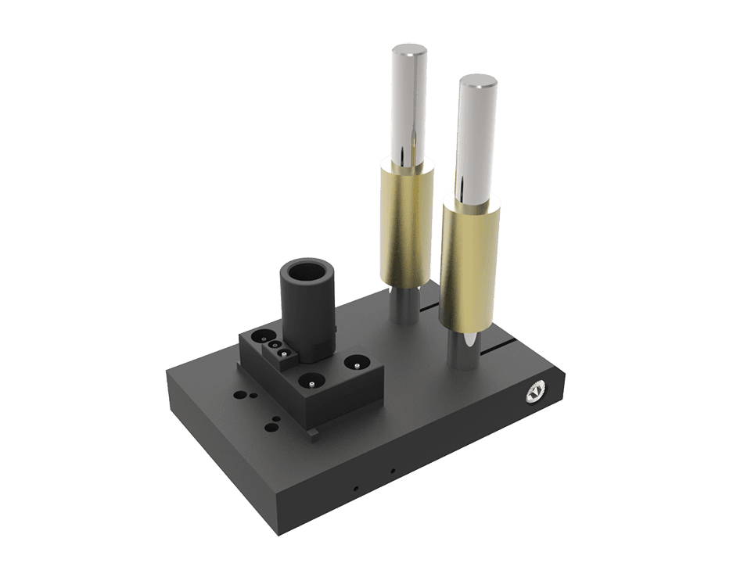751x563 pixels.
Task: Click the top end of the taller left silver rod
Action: [x=409, y=52]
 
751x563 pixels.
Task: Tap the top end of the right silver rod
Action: [x=478, y=81]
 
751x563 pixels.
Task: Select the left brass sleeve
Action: [x=405, y=223]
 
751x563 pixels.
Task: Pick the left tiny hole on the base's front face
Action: [x=356, y=489]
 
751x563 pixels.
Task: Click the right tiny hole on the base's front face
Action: [x=393, y=471]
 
